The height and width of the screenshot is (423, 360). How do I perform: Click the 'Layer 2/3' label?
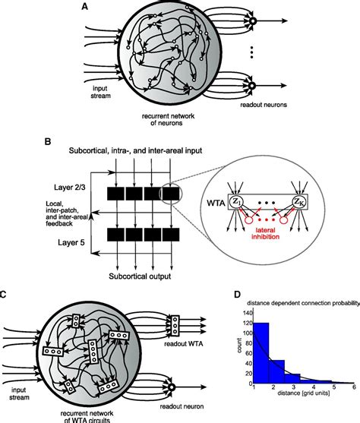pyautogui.click(x=36, y=187)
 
